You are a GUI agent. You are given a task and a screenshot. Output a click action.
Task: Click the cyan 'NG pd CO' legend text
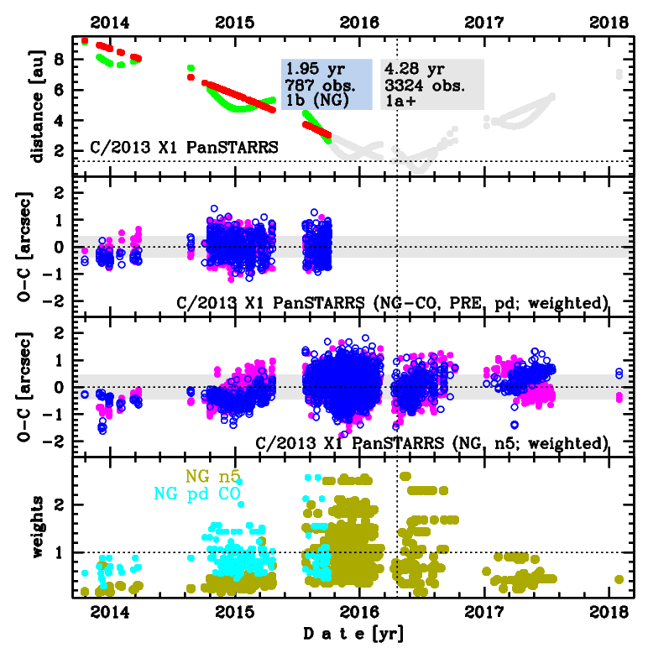196,494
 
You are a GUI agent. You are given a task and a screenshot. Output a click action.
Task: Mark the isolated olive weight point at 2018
619,579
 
